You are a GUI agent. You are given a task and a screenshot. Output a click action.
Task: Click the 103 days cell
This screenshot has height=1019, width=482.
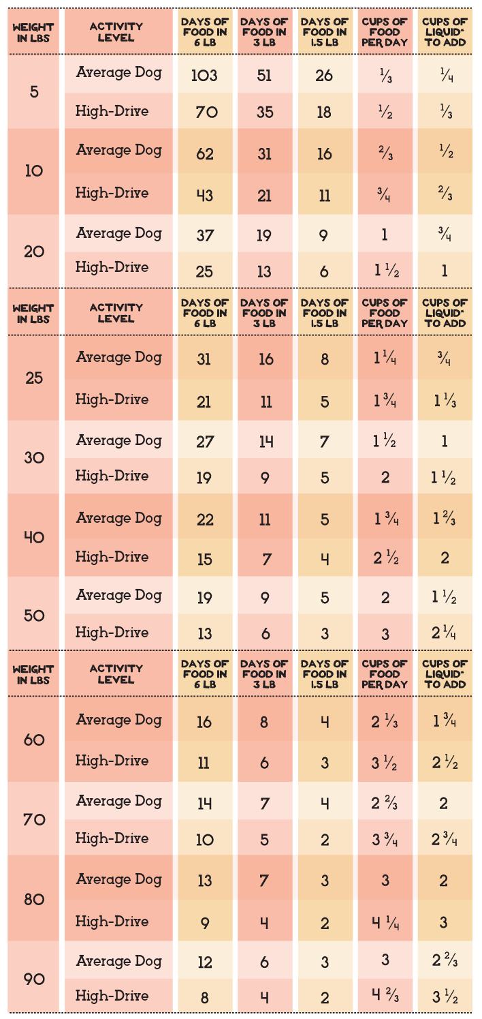[204, 75]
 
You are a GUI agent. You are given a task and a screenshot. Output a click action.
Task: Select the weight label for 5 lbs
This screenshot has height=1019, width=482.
[34, 91]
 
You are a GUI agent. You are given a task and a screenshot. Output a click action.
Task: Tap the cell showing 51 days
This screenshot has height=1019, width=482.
[264, 75]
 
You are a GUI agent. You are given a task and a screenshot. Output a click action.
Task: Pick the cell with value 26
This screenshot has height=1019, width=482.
[324, 75]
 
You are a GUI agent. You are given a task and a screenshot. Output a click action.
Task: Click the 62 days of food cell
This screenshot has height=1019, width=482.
[204, 153]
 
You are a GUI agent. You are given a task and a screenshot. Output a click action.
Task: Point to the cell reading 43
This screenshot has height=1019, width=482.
[204, 196]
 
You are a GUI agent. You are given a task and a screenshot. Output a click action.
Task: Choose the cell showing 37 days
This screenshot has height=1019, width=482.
[204, 235]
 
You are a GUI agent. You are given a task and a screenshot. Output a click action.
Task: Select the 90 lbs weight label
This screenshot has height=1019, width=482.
[34, 979]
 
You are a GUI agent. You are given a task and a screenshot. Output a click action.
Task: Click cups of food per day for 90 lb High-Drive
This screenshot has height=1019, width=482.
[385, 997]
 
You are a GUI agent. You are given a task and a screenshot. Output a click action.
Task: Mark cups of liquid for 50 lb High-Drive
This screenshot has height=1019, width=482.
[444, 633]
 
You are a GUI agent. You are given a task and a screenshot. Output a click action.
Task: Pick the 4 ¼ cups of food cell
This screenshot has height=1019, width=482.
[385, 922]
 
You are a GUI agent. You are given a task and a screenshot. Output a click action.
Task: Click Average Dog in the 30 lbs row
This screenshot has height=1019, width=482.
[118, 440]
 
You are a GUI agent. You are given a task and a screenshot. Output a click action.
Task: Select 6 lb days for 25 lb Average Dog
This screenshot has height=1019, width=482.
[204, 359]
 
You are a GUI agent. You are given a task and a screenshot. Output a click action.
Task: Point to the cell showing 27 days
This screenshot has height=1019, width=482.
[204, 441]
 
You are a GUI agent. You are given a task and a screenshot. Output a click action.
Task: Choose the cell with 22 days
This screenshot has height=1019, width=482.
[204, 519]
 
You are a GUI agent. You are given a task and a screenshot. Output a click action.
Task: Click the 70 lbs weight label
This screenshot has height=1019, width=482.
[34, 819]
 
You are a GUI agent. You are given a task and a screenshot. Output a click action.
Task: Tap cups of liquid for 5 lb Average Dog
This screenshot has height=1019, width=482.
[444, 75]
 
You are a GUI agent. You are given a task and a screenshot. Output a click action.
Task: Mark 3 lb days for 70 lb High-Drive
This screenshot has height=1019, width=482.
[264, 839]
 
